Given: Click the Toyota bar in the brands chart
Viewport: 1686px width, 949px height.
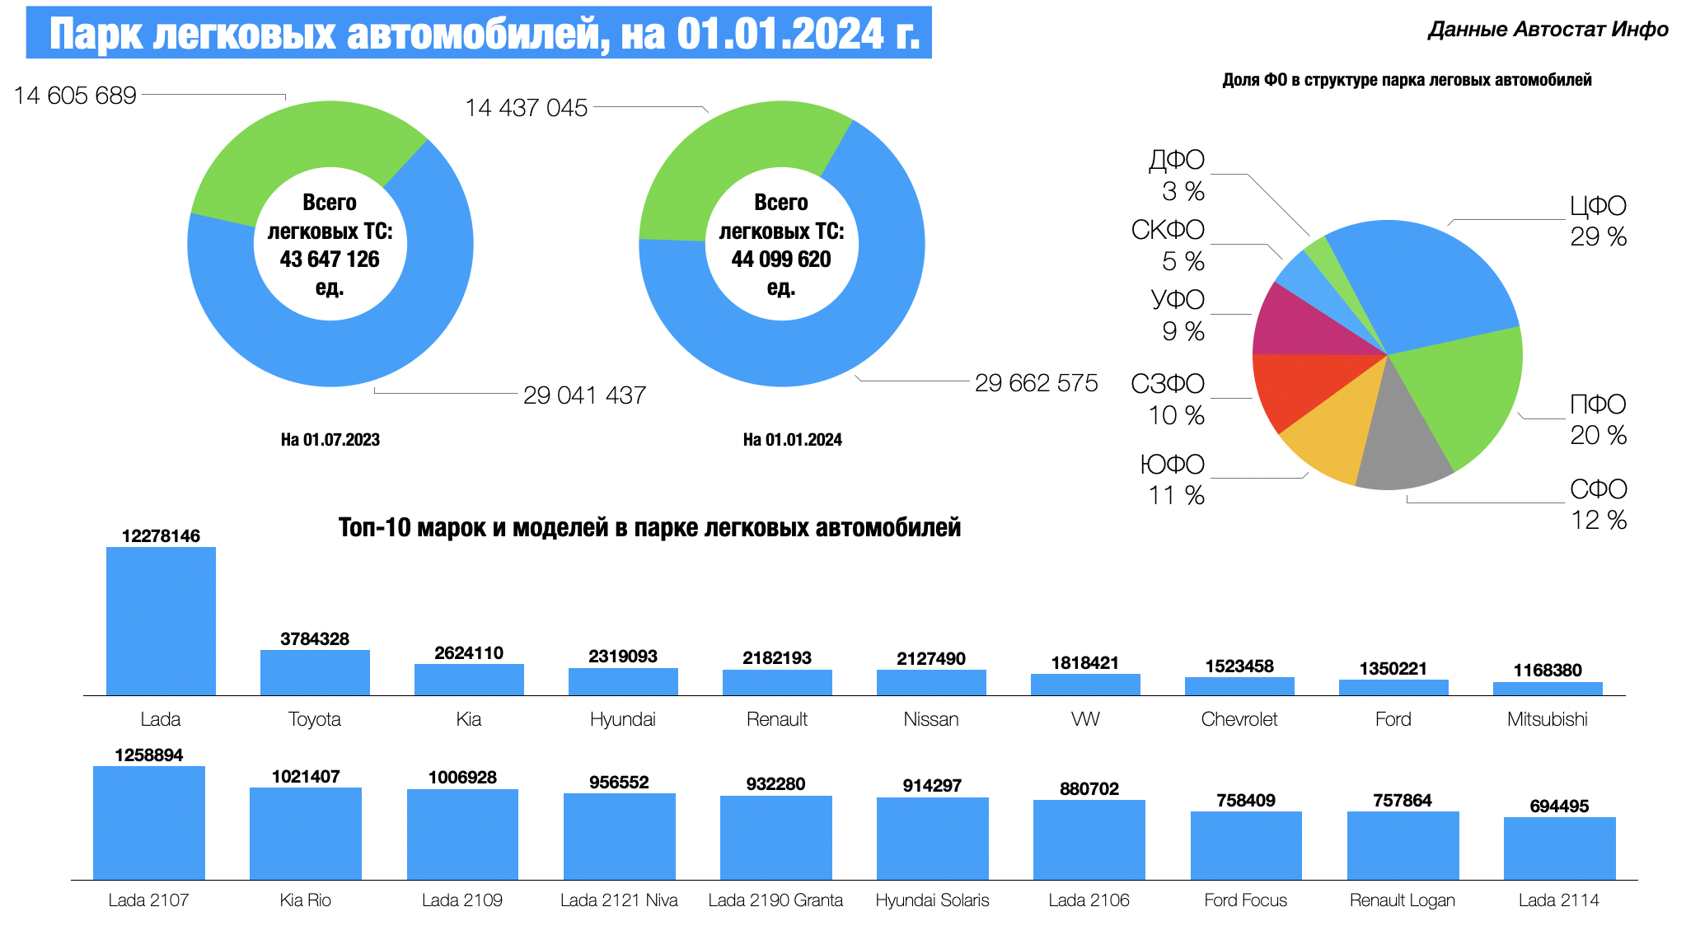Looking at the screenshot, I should [x=315, y=672].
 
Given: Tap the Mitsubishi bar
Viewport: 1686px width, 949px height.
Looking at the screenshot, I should [x=1548, y=689].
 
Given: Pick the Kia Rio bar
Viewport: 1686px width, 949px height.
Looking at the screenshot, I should [x=306, y=833].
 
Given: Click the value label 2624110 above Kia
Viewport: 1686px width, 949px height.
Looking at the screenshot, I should [x=469, y=653].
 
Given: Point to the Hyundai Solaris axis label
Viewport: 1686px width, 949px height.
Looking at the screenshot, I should [x=932, y=900].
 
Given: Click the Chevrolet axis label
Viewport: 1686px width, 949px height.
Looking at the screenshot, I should [x=1239, y=719].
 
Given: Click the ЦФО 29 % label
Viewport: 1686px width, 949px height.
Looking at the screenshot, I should [x=1598, y=221].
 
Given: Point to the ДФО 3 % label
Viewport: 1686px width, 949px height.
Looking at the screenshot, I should [x=1177, y=175].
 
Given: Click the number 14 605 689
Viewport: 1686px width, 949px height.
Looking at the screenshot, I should [x=75, y=96].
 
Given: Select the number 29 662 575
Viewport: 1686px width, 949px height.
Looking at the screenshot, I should [x=1036, y=383].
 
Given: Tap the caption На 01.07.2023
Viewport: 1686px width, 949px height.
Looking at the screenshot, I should [x=330, y=440].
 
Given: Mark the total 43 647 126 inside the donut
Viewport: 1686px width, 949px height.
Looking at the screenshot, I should [x=330, y=259].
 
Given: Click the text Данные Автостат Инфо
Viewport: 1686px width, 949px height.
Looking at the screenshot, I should [x=1548, y=30].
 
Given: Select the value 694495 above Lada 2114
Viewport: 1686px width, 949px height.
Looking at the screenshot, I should [x=1559, y=806].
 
